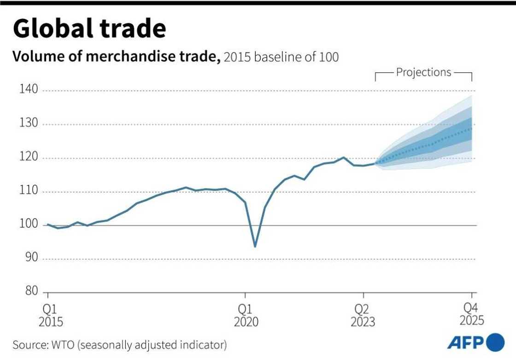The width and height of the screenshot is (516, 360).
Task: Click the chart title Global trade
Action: pos(89,29)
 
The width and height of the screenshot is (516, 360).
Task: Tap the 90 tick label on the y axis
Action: pos(31,259)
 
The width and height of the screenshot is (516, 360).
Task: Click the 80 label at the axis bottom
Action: pos(31,292)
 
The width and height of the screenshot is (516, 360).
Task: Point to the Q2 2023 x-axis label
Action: pos(363,314)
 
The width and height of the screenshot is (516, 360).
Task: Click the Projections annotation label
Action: pos(423,72)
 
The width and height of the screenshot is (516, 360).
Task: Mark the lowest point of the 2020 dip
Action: pos(255,247)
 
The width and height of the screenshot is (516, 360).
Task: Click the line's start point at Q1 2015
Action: pos(48,224)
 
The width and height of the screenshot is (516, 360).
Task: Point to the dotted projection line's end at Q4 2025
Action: pos(472,128)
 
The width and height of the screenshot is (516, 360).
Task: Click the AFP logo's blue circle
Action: pos(495,342)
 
